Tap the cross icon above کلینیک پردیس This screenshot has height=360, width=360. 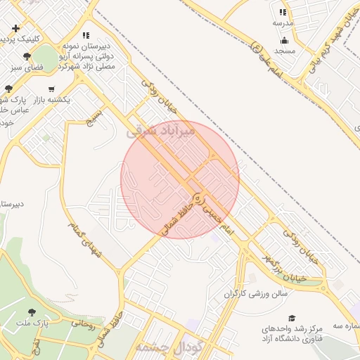click(x=15, y=28)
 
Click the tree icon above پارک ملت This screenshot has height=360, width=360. click(x=32, y=311)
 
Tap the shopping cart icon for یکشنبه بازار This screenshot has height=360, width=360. click(x=51, y=89)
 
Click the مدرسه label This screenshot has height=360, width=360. click(x=283, y=23)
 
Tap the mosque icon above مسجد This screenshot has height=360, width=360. click(x=284, y=40)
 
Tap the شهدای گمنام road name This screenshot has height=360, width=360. click(x=84, y=238)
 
